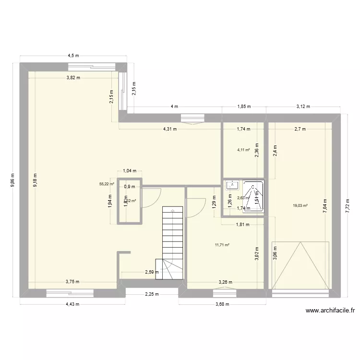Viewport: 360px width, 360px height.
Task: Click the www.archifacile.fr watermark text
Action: (x=330, y=311)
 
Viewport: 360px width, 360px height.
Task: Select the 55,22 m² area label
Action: (x=107, y=183)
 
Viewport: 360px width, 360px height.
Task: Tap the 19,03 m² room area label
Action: (x=300, y=205)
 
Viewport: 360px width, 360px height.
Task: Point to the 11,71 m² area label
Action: (x=222, y=245)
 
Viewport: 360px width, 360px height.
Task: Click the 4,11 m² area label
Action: (x=243, y=150)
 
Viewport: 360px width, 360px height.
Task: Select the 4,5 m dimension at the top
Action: (x=72, y=56)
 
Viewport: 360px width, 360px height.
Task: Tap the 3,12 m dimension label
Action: (x=303, y=107)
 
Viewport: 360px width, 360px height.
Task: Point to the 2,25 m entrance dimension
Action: (x=152, y=295)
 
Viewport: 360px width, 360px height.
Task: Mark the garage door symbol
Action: (x=300, y=265)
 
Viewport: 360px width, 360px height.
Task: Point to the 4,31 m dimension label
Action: (x=170, y=129)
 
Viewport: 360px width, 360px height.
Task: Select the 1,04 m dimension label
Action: (x=130, y=170)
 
